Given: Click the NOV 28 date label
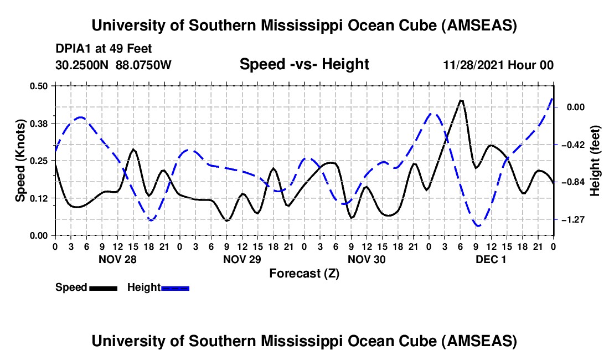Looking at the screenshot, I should click(x=117, y=259).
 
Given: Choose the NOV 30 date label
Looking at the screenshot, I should click(x=366, y=259).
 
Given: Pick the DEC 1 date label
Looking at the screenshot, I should click(x=491, y=259).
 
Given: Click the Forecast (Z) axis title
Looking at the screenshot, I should click(x=304, y=273).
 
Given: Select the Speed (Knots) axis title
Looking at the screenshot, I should click(x=20, y=160).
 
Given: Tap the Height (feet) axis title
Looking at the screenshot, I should click(x=596, y=161).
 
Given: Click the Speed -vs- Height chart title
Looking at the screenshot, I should click(x=304, y=65).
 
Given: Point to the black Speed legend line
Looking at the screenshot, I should click(x=103, y=288).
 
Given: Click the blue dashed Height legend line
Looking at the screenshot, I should click(x=175, y=288).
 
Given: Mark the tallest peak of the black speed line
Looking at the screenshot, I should click(x=461, y=100).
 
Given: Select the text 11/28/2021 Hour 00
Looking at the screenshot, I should click(x=498, y=65).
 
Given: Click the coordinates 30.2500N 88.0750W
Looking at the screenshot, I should click(x=113, y=65).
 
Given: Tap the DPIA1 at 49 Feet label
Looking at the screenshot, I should click(x=104, y=49).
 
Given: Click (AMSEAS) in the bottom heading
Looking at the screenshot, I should click(x=480, y=341).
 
